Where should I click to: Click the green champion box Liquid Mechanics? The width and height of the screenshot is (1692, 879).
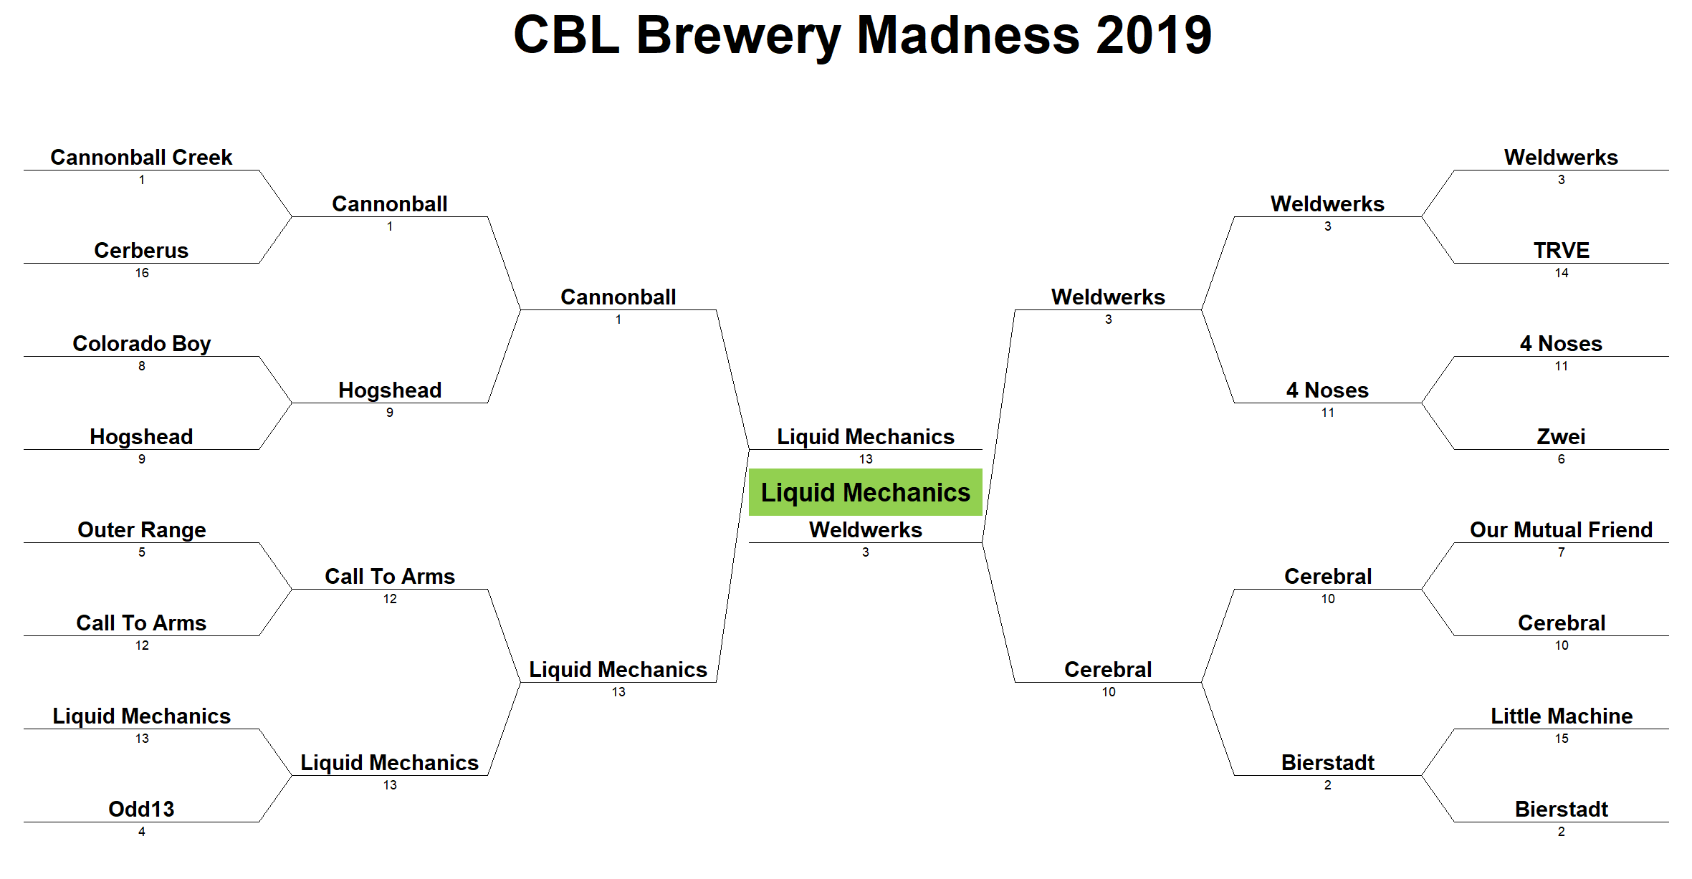865,492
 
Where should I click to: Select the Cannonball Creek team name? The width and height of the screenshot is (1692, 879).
141,157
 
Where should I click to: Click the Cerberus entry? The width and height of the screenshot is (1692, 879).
141,250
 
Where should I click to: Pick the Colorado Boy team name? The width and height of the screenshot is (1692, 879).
141,344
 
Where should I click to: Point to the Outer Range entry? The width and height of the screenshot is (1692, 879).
141,530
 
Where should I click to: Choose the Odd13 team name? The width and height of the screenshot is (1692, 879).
141,809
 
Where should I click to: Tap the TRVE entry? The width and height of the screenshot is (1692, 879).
1562,250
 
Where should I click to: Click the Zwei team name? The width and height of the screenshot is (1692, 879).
1561,436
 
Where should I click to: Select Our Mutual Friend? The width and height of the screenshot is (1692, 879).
1561,529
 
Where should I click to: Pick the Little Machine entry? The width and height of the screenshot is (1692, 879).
1562,716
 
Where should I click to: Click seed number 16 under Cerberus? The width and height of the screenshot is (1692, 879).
142,273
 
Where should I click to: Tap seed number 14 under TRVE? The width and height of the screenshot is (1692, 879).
1562,273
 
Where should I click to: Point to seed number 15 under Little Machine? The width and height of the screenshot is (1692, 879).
1562,739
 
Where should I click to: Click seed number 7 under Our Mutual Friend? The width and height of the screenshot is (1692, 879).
1562,552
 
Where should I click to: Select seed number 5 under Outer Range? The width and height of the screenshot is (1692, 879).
142,552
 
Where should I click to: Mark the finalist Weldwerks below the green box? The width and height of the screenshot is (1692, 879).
865,529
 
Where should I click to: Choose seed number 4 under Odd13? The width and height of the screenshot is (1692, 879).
142,832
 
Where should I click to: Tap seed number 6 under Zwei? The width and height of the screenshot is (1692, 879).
1562,459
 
